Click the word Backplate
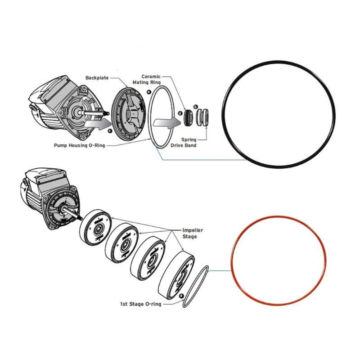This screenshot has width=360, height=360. point(98,78)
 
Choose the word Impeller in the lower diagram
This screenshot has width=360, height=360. point(192,230)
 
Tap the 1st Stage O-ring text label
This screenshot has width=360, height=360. point(139,304)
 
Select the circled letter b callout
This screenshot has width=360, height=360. point(195,106)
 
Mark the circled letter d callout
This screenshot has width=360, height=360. point(179,113)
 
